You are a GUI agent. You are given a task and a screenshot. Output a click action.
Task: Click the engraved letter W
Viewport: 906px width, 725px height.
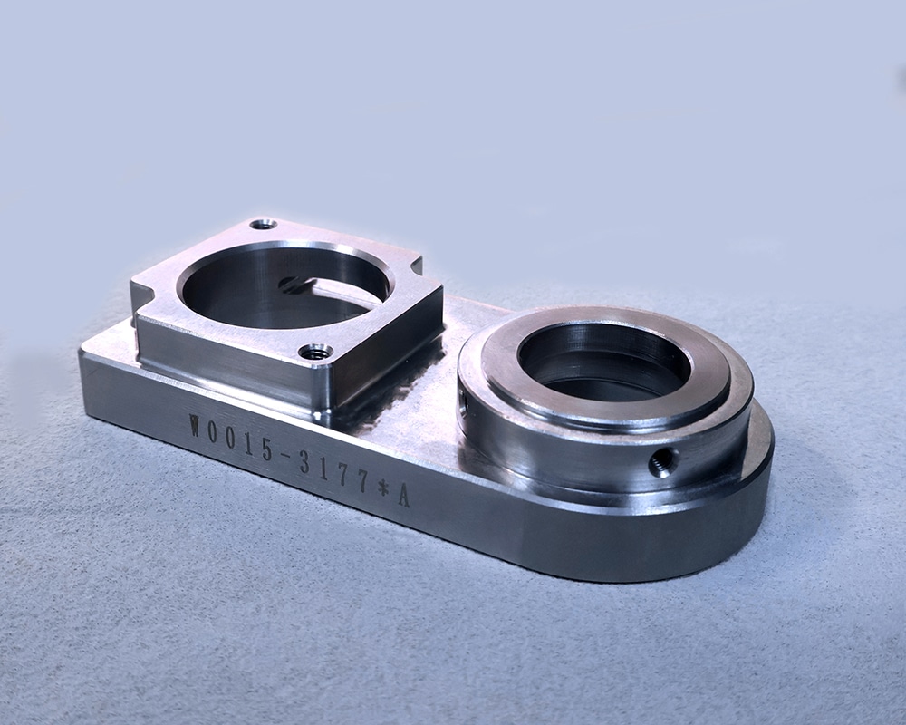pos(196,426)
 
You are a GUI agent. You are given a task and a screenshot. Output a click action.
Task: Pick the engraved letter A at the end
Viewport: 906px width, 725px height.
pos(403,496)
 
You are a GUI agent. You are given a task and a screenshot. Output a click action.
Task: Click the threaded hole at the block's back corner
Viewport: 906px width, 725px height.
pos(263,224)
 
